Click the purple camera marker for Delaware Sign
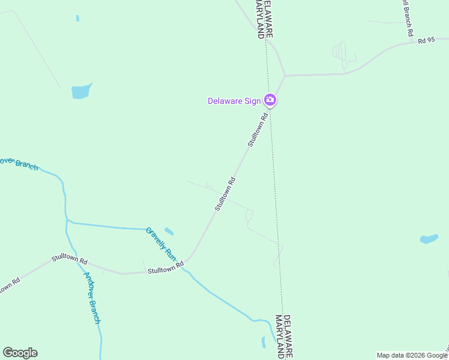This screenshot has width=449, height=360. click(x=270, y=100)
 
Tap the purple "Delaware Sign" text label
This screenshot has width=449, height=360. click(x=234, y=101)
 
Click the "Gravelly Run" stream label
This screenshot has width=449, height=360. click(x=161, y=244)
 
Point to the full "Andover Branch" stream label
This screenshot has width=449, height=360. click(x=92, y=298)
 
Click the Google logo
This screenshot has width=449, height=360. click(x=20, y=353)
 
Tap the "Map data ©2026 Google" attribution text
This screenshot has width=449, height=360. click(x=412, y=355)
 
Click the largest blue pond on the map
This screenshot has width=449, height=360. click(x=81, y=91)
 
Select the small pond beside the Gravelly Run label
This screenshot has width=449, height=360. click(x=169, y=232)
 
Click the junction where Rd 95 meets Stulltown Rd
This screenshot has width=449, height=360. click(x=285, y=76)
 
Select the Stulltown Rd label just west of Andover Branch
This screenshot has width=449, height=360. click(x=70, y=260)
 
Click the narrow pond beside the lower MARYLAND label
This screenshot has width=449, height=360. click(x=264, y=342)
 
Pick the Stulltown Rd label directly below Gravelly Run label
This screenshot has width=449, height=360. click(x=165, y=270)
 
